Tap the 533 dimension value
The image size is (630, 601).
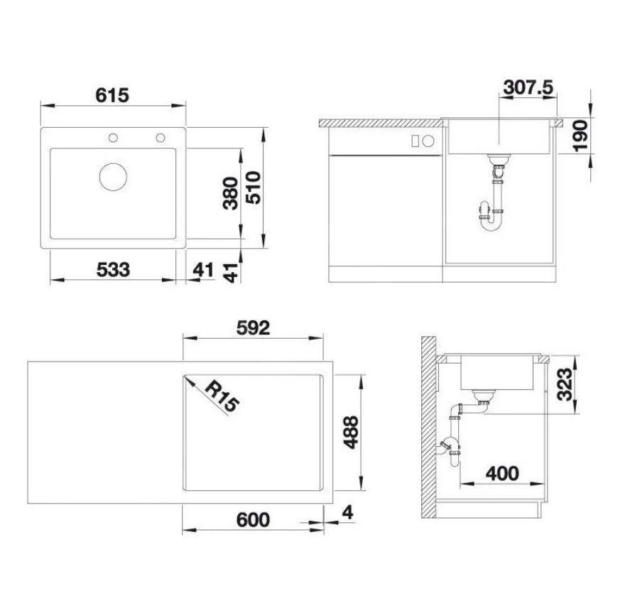(114, 270)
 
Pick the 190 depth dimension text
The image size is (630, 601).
(581, 135)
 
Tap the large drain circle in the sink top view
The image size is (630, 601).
(113, 176)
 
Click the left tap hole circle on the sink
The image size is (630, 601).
(112, 137)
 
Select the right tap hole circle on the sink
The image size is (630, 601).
(161, 137)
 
